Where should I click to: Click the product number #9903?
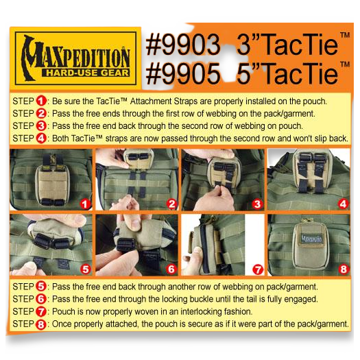point(182,46)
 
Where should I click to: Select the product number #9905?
point(182,72)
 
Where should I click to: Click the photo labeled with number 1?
point(51,180)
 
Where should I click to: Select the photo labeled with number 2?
point(137,180)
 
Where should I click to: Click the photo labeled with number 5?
point(51,245)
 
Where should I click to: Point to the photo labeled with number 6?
point(137,245)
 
